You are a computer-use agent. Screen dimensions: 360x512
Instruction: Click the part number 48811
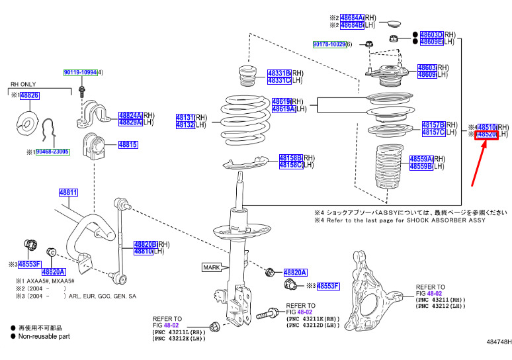(x=68, y=193)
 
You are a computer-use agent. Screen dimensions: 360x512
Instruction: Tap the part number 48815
(x=128, y=144)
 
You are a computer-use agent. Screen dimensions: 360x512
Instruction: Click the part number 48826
(x=29, y=96)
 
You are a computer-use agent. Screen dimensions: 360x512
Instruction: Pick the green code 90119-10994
(x=80, y=71)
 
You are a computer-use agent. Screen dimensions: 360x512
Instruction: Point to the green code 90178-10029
(x=329, y=44)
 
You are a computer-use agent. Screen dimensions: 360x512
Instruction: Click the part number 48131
(x=185, y=117)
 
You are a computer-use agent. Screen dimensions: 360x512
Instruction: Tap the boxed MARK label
(x=212, y=267)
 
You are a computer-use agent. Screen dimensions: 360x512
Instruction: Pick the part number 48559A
(x=421, y=159)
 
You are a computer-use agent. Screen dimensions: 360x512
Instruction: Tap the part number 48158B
(x=290, y=158)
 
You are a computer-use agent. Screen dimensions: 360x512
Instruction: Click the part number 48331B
(x=278, y=73)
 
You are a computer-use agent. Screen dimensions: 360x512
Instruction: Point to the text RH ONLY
(x=24, y=85)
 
